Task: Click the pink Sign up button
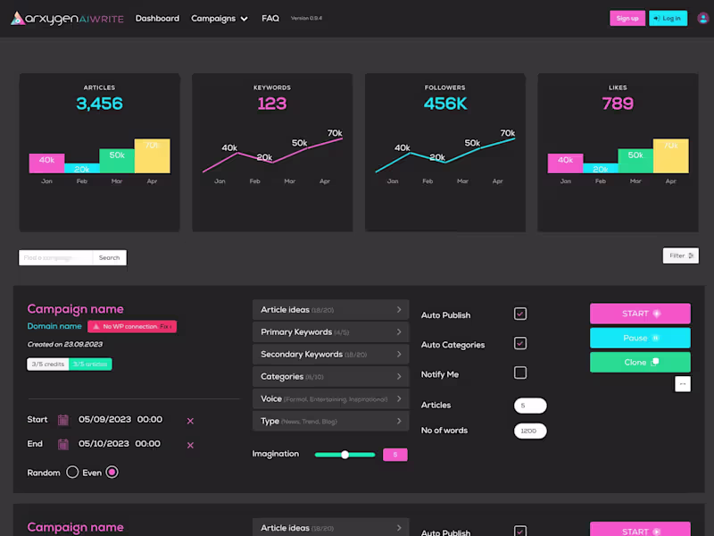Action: click(x=627, y=18)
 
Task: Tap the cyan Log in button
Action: click(x=668, y=18)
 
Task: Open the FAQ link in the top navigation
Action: click(x=270, y=18)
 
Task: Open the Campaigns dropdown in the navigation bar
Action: click(x=220, y=18)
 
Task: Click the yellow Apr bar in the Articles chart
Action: click(x=152, y=155)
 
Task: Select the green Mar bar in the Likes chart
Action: click(x=635, y=161)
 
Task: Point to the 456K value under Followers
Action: click(x=444, y=104)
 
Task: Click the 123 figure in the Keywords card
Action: click(x=272, y=104)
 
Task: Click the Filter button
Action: click(x=681, y=255)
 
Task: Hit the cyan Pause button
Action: click(x=640, y=338)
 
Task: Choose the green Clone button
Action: click(x=640, y=362)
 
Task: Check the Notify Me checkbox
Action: click(x=520, y=373)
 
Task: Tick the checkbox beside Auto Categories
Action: click(x=520, y=343)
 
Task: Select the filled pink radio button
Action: click(x=112, y=473)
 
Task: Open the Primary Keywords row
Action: click(x=330, y=332)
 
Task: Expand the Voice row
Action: click(x=330, y=398)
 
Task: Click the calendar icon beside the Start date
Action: click(x=63, y=420)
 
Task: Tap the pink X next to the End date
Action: click(x=190, y=445)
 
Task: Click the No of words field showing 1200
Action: click(x=530, y=431)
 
